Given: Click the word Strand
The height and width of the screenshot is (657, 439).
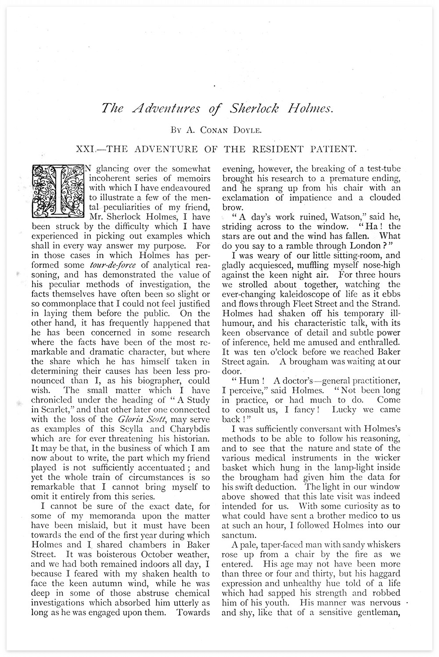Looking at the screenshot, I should click(x=387, y=303).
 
